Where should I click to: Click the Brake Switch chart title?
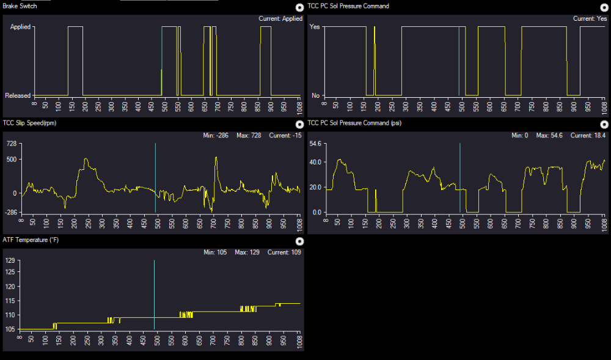click(x=20, y=6)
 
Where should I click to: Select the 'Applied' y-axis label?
click(x=20, y=27)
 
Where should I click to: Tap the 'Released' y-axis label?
click(x=18, y=95)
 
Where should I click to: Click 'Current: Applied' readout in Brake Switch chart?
click(x=280, y=19)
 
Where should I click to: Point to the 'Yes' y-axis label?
click(x=315, y=27)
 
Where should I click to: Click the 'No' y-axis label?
click(x=316, y=95)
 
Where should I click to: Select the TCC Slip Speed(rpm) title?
click(x=29, y=123)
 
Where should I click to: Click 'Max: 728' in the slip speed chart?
click(x=249, y=136)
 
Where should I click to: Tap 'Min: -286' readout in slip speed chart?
click(x=216, y=136)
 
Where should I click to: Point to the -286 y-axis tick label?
click(x=12, y=213)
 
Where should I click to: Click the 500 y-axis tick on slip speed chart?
click(x=12, y=160)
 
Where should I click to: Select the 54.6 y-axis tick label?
click(x=315, y=144)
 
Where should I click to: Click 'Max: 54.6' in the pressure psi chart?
click(x=549, y=136)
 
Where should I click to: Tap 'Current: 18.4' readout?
click(x=588, y=136)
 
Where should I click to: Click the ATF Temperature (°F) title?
click(x=31, y=240)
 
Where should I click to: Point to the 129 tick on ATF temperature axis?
click(x=10, y=260)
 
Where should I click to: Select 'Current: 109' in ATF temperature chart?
click(x=284, y=252)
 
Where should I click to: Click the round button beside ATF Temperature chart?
click(x=299, y=241)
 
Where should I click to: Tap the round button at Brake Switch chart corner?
click(x=299, y=7)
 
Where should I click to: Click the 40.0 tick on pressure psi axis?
click(x=315, y=162)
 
